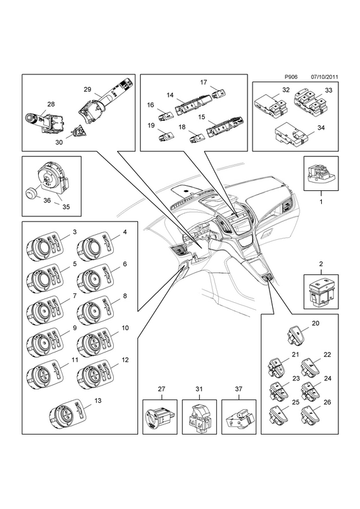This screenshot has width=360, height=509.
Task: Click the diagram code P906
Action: (x=291, y=77)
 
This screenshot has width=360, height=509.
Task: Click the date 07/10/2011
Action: (x=324, y=77)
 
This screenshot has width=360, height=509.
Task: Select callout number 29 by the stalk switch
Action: (x=87, y=90)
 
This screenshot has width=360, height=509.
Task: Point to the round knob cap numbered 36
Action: (x=32, y=194)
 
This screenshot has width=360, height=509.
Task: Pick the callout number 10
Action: (x=125, y=328)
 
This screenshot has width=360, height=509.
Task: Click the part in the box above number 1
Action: (x=321, y=172)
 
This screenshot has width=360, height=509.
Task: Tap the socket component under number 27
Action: (x=160, y=417)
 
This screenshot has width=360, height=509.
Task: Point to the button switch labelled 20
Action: (x=295, y=335)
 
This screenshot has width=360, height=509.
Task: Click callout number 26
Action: (x=327, y=402)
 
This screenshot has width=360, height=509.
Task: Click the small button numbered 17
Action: (x=219, y=94)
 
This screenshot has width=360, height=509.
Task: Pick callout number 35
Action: (x=66, y=207)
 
